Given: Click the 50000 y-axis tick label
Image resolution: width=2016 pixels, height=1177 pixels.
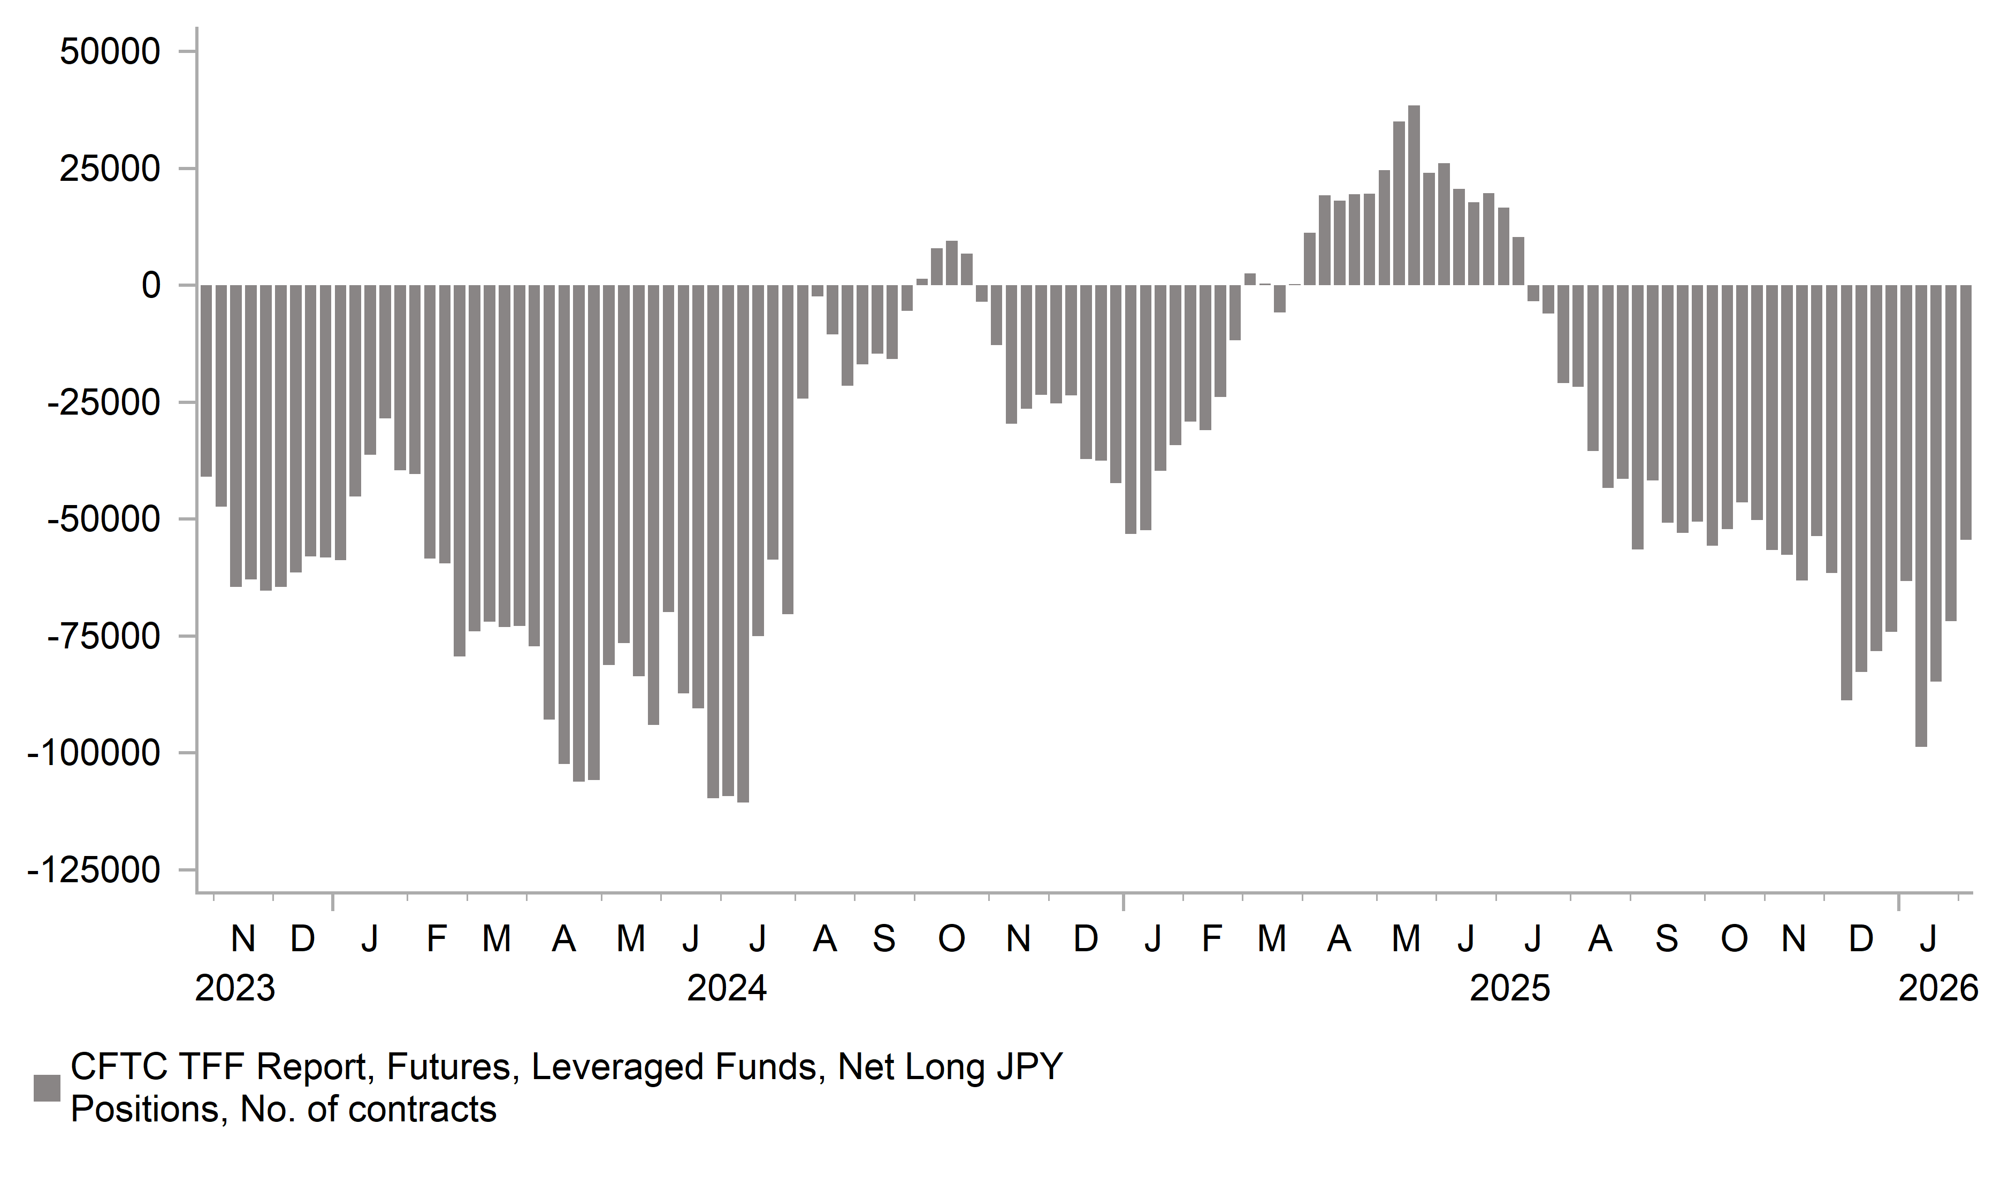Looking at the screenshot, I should (110, 53).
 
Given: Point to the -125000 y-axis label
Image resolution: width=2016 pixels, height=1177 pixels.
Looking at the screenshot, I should (94, 870).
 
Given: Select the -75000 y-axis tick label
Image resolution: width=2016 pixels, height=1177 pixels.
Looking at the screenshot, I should (104, 637).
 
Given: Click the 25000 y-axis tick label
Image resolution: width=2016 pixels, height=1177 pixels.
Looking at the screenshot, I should (110, 170).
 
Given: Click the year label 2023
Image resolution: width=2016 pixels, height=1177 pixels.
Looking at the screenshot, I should (235, 989).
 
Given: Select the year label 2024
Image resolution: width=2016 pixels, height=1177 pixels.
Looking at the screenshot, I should (727, 989).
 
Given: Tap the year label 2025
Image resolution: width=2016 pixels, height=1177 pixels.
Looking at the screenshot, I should (1510, 989).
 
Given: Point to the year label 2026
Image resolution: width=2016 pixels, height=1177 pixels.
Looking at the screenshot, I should (1937, 989).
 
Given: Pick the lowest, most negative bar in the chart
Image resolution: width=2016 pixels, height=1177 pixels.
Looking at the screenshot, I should (743, 544).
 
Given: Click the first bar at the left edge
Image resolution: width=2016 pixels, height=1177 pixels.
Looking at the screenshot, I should (205, 381).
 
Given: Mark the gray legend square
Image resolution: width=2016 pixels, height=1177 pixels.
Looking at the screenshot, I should (47, 1088).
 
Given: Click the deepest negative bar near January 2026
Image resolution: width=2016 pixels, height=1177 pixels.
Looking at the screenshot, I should (1921, 516).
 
